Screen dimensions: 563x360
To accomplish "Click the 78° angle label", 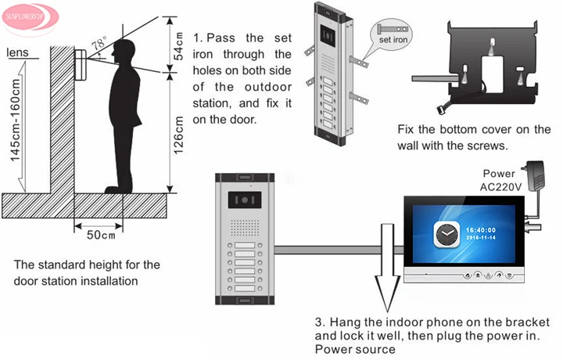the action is click(99, 44).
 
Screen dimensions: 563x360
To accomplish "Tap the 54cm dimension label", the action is click(178, 46).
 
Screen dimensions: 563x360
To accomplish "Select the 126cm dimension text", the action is click(178, 135).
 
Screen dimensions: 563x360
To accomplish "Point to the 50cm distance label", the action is click(101, 235).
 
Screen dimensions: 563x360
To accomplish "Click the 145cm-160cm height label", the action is click(15, 120).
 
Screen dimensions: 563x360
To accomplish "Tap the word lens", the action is click(17, 52).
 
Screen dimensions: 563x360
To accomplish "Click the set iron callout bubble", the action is click(392, 35).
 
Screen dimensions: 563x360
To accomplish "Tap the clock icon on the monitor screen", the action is click(446, 234).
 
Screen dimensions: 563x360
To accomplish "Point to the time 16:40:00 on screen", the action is click(481, 229).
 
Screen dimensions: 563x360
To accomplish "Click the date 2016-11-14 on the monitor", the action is click(481, 237).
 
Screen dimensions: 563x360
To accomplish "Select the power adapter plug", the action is click(535, 176).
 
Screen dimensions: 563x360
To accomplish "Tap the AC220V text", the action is click(500, 187).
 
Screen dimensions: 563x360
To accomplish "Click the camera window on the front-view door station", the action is click(245, 200).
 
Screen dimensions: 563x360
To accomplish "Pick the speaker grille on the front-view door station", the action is click(245, 228).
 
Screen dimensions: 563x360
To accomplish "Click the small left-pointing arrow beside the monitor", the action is click(533, 227).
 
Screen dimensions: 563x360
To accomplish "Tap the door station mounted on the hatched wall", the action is click(81, 65).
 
